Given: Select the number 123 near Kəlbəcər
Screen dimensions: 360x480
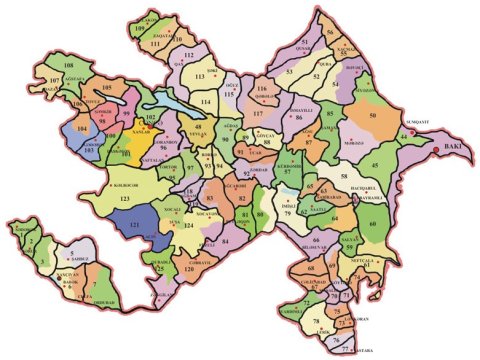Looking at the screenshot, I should [125, 201].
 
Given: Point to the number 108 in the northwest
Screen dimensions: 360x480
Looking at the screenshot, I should [69, 64].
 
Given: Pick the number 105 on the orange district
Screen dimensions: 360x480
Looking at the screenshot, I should [107, 89].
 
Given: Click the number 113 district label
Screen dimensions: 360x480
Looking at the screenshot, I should [199, 76].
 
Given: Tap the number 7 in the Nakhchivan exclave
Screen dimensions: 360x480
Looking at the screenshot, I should [94, 286].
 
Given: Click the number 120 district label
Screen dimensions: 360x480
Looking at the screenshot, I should [190, 269].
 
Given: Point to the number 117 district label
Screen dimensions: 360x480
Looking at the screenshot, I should [258, 115].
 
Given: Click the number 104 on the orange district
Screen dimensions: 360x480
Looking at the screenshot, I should [83, 130].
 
